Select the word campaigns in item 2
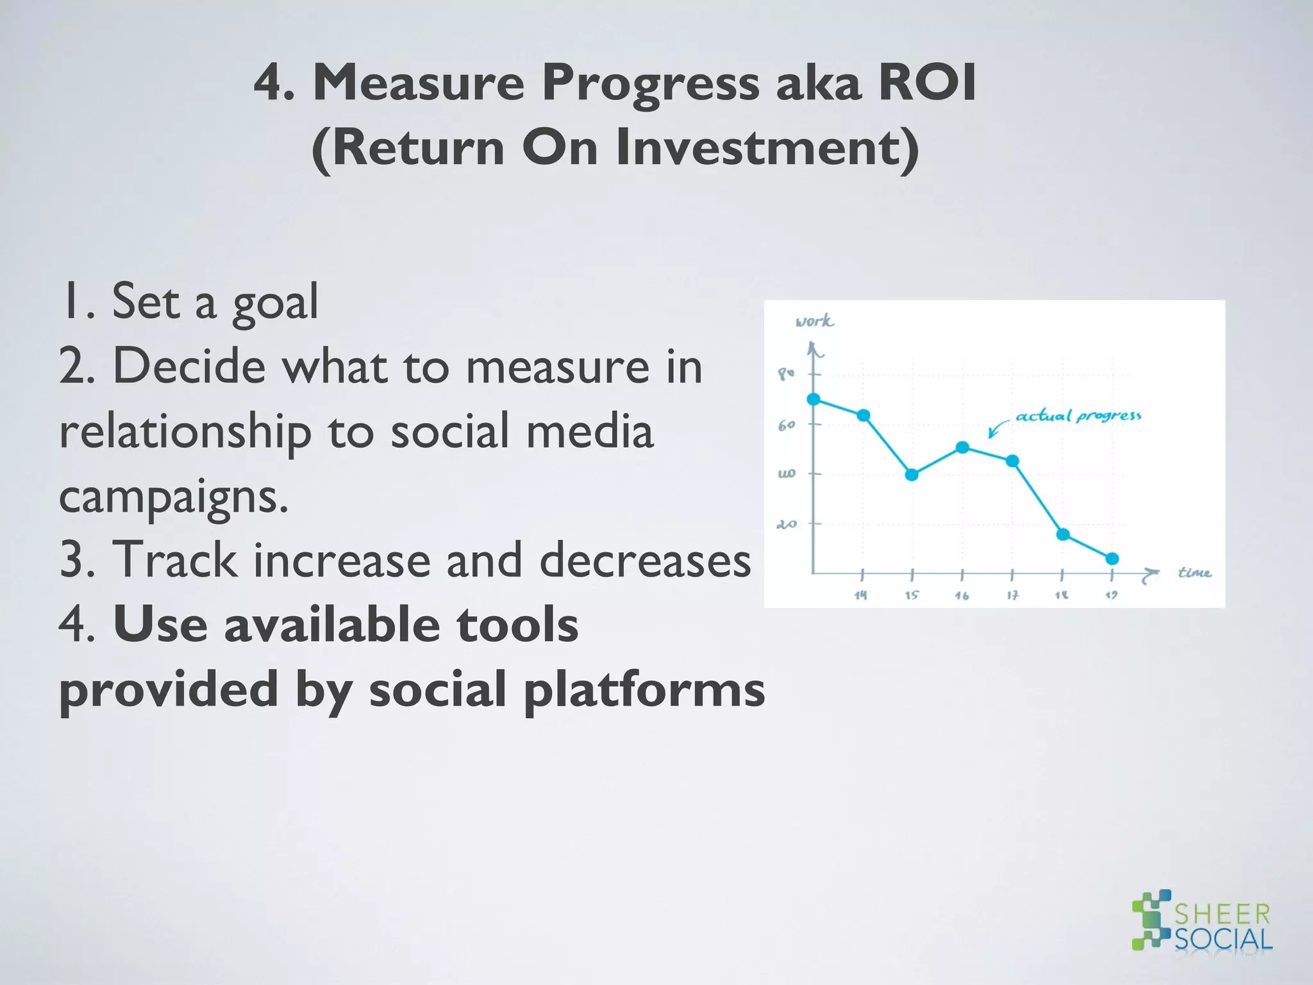coord(173,497)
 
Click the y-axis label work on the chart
coord(814,321)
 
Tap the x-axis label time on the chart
coord(1194,572)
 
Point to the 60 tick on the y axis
coord(787,425)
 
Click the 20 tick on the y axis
coord(787,524)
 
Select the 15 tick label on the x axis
coord(912,595)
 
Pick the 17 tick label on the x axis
coord(1012,595)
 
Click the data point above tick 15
coord(912,475)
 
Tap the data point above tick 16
coord(962,447)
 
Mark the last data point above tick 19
coord(1112,559)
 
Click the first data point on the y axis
coord(814,399)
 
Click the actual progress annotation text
coord(1078,416)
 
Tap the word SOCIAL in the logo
coord(1223,939)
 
